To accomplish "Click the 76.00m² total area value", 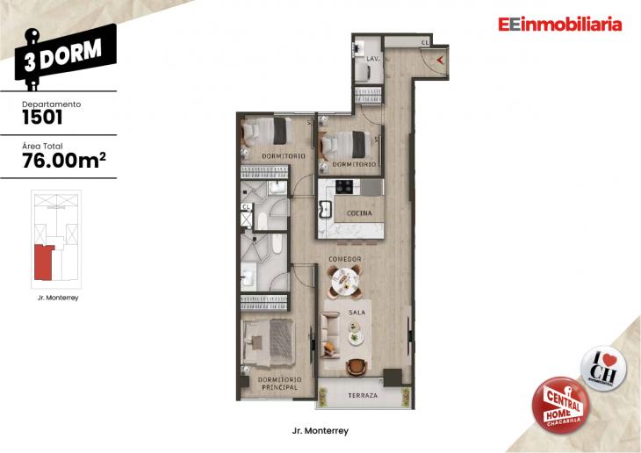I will pyautogui.click(x=64, y=159).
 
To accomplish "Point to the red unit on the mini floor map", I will pyautogui.click(x=42, y=262).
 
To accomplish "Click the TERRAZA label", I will pyautogui.click(x=362, y=395).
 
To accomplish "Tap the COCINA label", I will pyautogui.click(x=359, y=213).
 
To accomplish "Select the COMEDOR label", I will pyautogui.click(x=346, y=260).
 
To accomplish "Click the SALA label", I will pyautogui.click(x=357, y=313).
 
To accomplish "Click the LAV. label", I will pyautogui.click(x=371, y=59).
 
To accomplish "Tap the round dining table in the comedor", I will pyautogui.click(x=344, y=281).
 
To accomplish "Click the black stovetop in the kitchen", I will pyautogui.click(x=343, y=185).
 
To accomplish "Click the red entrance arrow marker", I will pyautogui.click(x=439, y=60).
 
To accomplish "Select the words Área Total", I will pyautogui.click(x=41, y=145).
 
